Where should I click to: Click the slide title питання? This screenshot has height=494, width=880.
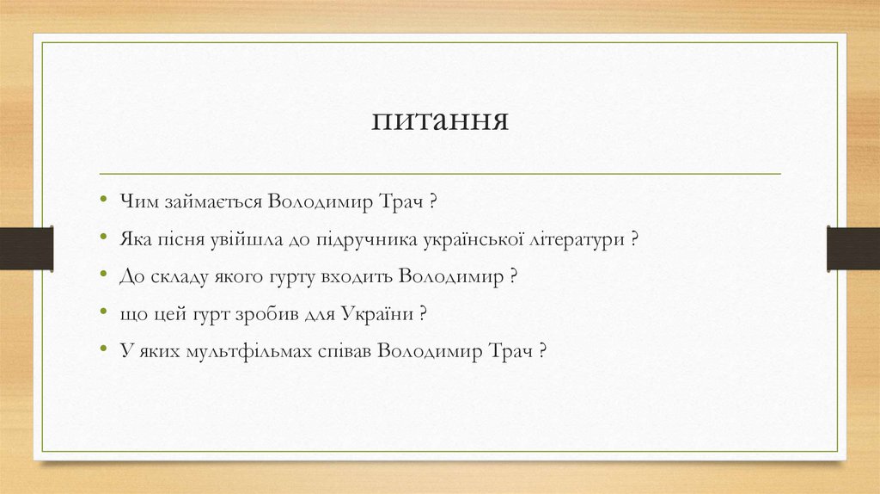(x=440, y=120)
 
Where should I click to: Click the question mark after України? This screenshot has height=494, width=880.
(x=424, y=314)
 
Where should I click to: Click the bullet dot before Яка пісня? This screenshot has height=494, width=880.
(x=103, y=237)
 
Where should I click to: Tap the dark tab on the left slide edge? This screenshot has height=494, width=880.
(x=27, y=248)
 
